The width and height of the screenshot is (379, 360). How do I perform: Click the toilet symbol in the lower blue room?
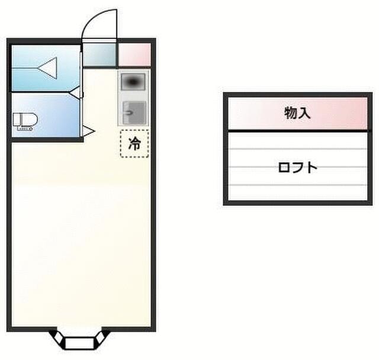pyautogui.click(x=25, y=121)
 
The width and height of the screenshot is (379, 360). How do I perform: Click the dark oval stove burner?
pyautogui.click(x=133, y=81)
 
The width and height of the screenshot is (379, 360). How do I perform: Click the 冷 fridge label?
pyautogui.click(x=135, y=143)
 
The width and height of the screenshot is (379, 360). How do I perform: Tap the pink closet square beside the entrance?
pyautogui.click(x=134, y=55)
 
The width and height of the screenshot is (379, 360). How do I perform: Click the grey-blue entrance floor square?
pyautogui.click(x=99, y=55)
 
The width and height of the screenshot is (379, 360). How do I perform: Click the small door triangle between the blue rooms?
pyautogui.click(x=75, y=92)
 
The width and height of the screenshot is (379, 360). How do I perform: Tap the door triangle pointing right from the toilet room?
pyautogui.click(x=88, y=131)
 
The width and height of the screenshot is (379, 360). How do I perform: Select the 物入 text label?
pyautogui.click(x=297, y=112)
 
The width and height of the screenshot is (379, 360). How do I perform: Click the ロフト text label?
pyautogui.click(x=297, y=167)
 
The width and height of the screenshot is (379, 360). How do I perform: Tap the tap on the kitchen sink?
pyautogui.click(x=127, y=111)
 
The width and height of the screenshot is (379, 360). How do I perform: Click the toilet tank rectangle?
pyautogui.click(x=17, y=121)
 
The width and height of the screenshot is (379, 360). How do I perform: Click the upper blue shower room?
pyautogui.click(x=45, y=67)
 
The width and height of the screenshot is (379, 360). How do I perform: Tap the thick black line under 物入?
pyautogui.click(x=297, y=130)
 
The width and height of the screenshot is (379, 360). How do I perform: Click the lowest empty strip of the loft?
pyautogui.click(x=297, y=193)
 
